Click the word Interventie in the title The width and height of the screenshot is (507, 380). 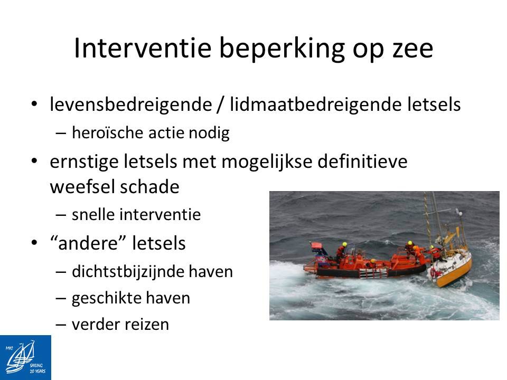coord(143,48)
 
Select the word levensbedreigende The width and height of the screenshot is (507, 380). coord(130,105)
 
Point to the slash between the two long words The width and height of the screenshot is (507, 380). coord(221,104)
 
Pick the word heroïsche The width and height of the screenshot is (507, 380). coord(108,132)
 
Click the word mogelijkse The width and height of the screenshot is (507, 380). coord(267,162)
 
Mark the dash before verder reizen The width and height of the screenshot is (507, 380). coord(61,325)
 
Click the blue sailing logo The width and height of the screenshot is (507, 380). coord(25,357)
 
